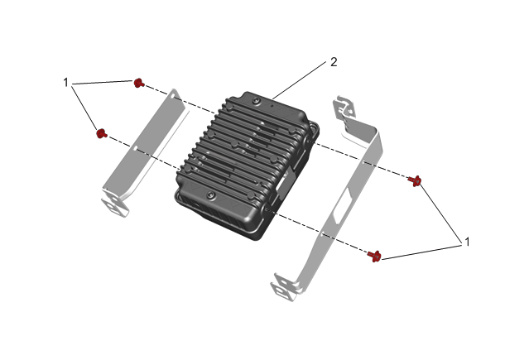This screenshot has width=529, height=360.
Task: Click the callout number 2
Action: click(x=334, y=62)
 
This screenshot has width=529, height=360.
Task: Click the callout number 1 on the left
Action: click(x=65, y=82)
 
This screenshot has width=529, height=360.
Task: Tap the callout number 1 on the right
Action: click(x=467, y=242)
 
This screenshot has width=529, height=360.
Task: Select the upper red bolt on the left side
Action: click(x=138, y=83)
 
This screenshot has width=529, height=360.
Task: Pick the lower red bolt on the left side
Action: click(x=101, y=133)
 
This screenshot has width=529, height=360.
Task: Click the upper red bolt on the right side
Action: click(x=415, y=181)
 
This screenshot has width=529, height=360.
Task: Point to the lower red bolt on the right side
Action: click(x=374, y=256)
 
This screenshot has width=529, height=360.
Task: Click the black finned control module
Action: click(x=247, y=166)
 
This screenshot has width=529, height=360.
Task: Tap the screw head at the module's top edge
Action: click(x=257, y=100)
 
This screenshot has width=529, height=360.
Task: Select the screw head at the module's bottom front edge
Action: click(x=211, y=194)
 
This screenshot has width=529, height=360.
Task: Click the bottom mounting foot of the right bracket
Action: click(x=283, y=289)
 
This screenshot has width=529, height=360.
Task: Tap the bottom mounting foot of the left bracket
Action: click(x=115, y=205)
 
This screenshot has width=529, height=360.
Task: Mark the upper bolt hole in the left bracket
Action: click(x=173, y=97)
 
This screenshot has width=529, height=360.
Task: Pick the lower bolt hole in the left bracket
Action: click(x=135, y=148)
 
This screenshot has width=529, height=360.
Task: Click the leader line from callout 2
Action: click(x=299, y=79)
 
